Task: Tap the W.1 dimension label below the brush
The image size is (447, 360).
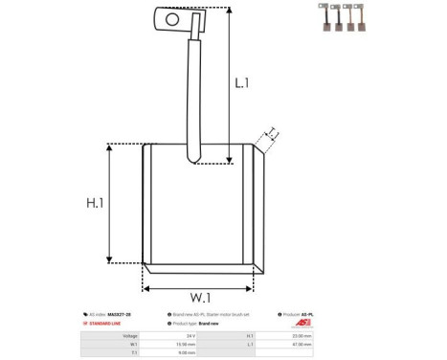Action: pyautogui.click(x=198, y=295)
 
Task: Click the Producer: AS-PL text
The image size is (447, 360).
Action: pyautogui.click(x=302, y=314)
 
